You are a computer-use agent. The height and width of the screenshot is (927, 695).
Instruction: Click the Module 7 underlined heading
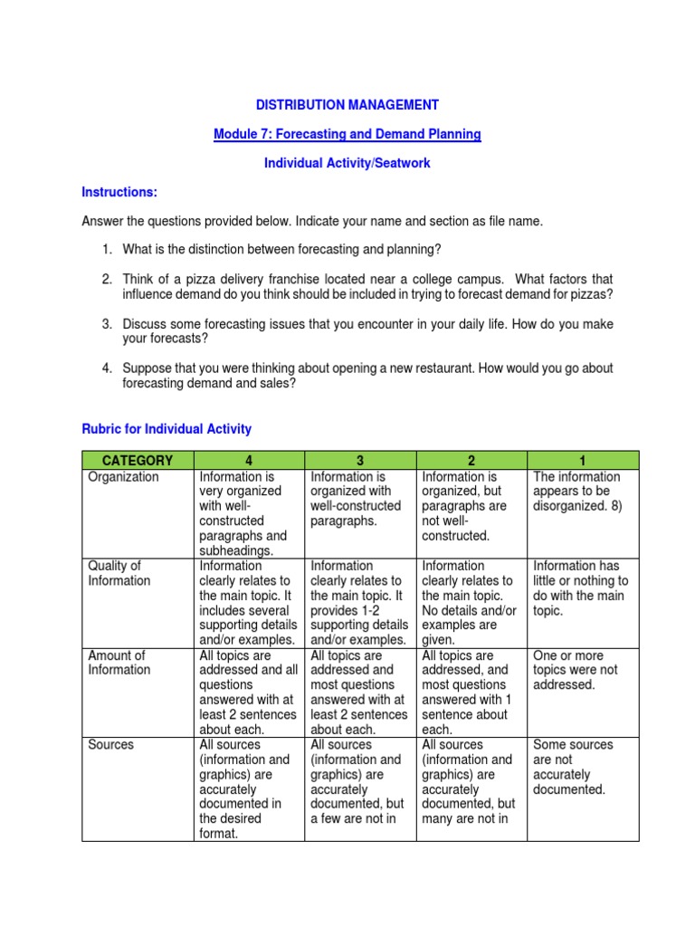point(347,134)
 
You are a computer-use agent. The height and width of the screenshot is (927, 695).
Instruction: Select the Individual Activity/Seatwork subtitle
point(347,163)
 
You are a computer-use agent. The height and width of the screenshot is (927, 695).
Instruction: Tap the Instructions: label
point(119,192)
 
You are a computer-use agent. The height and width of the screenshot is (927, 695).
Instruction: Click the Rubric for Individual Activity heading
point(167,428)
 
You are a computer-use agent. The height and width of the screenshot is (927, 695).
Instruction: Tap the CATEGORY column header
point(138,460)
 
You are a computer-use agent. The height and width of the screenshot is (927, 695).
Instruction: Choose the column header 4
point(249,460)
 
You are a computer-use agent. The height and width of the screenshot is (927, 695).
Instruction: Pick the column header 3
point(360,460)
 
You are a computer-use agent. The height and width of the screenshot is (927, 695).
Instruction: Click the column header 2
point(471,460)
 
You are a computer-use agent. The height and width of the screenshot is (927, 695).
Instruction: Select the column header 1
point(583,460)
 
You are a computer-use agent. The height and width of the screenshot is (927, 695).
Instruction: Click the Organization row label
point(123,477)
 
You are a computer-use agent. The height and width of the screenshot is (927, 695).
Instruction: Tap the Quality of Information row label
point(119,573)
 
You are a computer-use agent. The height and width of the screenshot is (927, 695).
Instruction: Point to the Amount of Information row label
point(119,663)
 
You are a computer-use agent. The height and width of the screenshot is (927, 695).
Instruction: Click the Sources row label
point(110,745)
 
